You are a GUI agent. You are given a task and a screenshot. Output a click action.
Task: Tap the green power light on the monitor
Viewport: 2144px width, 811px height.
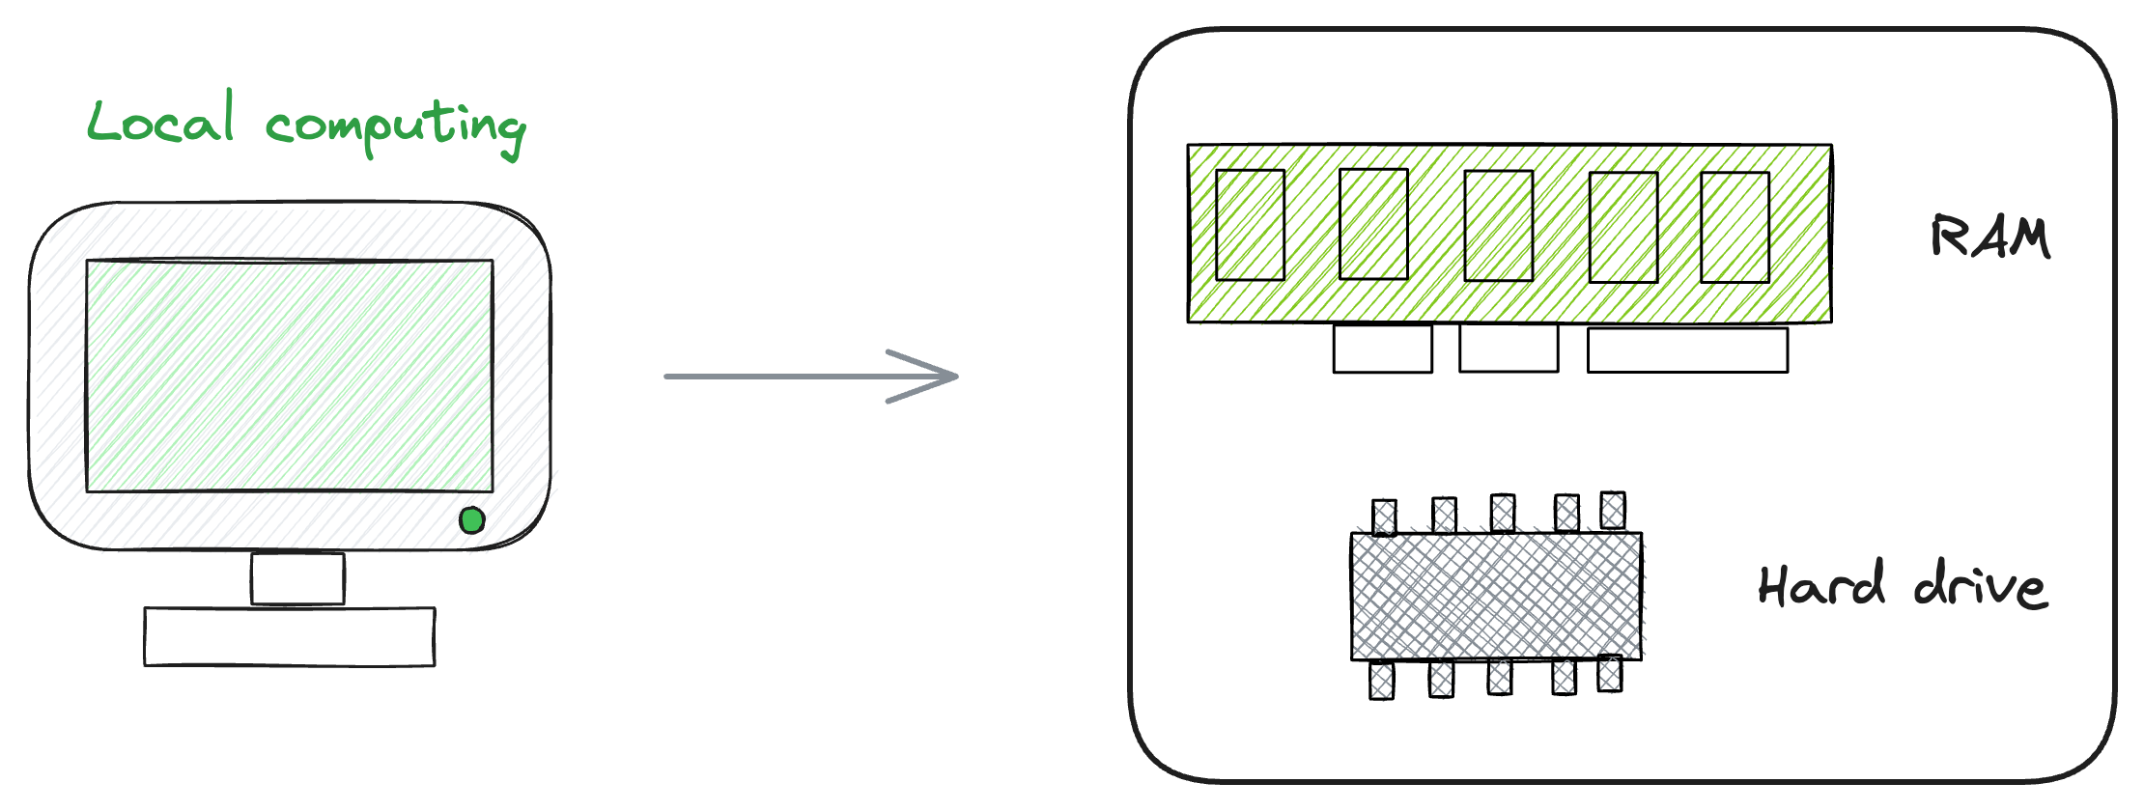click(471, 521)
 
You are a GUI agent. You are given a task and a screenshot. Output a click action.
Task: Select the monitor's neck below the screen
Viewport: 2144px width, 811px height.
click(297, 578)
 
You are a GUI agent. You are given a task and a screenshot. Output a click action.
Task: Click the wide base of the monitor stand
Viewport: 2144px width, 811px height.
click(290, 636)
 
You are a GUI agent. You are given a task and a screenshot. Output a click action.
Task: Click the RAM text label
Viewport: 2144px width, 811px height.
click(1990, 238)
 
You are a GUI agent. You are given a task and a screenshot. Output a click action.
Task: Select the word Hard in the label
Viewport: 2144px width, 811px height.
click(1821, 584)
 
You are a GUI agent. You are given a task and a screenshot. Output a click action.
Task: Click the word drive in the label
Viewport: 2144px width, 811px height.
click(1981, 586)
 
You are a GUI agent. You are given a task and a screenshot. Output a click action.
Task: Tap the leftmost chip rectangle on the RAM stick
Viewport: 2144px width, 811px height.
click(1250, 225)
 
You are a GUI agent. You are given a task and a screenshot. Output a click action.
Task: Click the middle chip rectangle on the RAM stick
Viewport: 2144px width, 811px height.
click(1498, 226)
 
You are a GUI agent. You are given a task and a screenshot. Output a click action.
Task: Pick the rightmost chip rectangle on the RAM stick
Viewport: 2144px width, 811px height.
click(1735, 227)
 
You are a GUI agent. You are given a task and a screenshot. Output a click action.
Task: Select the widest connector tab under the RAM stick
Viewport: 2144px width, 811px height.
click(1687, 350)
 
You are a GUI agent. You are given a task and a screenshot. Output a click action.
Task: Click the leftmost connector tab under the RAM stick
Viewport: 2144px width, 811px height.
click(1382, 349)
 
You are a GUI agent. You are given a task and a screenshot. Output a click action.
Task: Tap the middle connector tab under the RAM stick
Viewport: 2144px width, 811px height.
click(1509, 348)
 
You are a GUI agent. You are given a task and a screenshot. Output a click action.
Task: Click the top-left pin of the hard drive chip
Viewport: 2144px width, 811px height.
click(1384, 517)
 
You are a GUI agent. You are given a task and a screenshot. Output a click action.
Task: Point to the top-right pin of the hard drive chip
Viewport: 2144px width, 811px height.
click(1612, 510)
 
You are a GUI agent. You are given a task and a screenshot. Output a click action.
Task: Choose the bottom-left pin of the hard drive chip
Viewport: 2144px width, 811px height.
click(1382, 680)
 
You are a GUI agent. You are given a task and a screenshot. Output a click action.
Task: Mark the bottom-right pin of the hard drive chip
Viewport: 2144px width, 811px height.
click(1609, 673)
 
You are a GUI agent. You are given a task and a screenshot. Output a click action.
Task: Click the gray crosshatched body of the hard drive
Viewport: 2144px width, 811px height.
click(1496, 596)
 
